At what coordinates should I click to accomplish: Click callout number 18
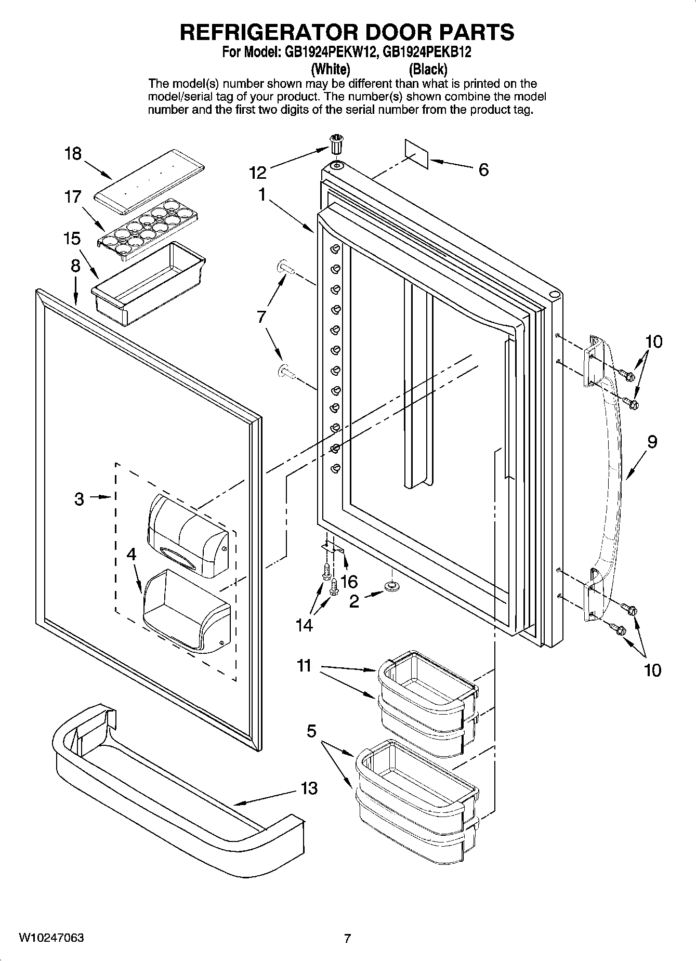[73, 154]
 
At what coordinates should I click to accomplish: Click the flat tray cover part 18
[148, 181]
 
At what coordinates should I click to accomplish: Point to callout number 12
[258, 172]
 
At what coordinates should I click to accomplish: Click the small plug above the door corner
[337, 143]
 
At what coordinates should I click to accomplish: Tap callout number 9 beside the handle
[652, 442]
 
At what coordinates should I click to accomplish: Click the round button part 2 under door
[391, 586]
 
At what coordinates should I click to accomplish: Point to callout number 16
[349, 580]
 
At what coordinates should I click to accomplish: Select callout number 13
[309, 788]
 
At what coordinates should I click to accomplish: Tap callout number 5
[311, 731]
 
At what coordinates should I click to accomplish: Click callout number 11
[304, 665]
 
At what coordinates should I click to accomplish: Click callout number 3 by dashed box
[79, 499]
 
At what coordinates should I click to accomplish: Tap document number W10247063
[51, 938]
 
